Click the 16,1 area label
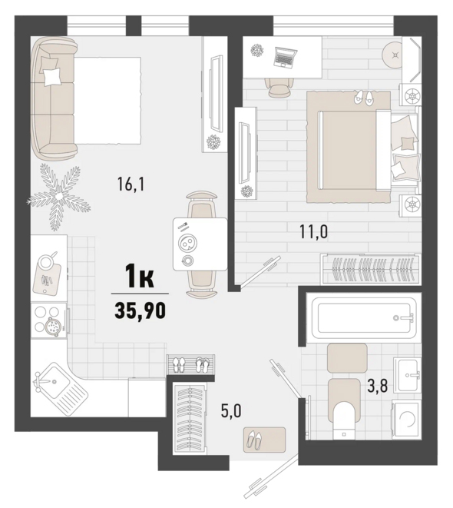[x=131, y=185]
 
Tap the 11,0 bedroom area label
[x=313, y=232]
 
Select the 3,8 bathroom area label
[x=378, y=386]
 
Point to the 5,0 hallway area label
[x=231, y=411]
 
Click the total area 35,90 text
[x=140, y=311]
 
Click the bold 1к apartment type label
[x=140, y=276]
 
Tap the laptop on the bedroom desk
[x=285, y=57]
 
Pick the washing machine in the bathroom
[x=407, y=420]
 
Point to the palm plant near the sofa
[x=58, y=197]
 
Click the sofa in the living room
[x=53, y=98]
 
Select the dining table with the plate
[x=200, y=244]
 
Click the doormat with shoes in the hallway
[x=265, y=440]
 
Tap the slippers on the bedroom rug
[x=363, y=97]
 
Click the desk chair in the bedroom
[x=279, y=87]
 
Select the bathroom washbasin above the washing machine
[x=408, y=375]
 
